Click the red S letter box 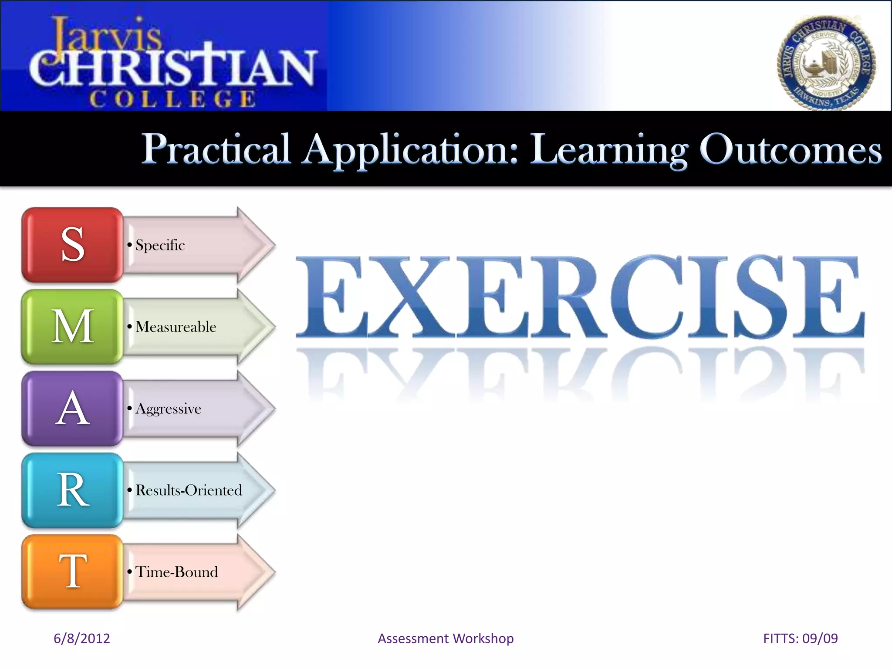tap(72, 245)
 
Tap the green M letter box tap(72, 327)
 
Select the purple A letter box tap(72, 409)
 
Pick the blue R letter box tap(72, 490)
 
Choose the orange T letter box tap(72, 572)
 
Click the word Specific tap(160, 245)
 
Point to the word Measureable tap(176, 327)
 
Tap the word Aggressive tap(168, 409)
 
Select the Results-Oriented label tap(189, 490)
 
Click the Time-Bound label tap(176, 572)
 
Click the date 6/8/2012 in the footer tap(81, 639)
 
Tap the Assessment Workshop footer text tap(446, 639)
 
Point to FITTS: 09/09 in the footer tap(800, 639)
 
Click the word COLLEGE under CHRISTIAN tap(172, 99)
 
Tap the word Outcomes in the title tap(790, 149)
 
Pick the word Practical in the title tap(216, 149)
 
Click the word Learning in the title tap(608, 149)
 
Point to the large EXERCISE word tap(579, 297)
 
